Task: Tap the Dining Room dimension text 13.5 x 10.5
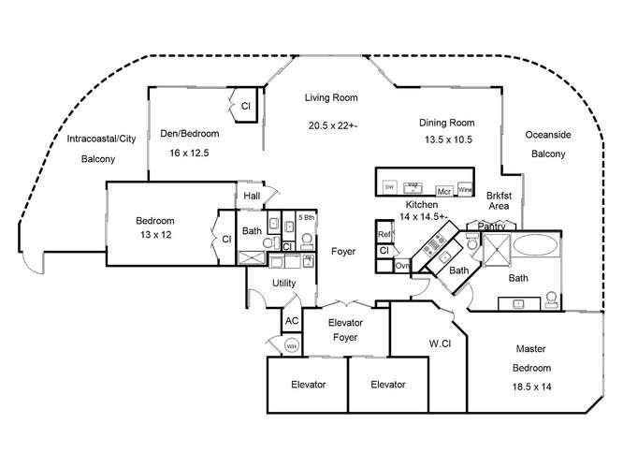444,139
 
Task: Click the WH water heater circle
291,346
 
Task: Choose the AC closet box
291,320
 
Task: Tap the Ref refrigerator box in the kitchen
384,234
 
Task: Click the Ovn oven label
402,266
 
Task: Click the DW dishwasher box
390,187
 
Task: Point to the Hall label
253,196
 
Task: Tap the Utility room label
284,282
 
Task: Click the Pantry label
491,226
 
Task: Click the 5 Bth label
306,217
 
